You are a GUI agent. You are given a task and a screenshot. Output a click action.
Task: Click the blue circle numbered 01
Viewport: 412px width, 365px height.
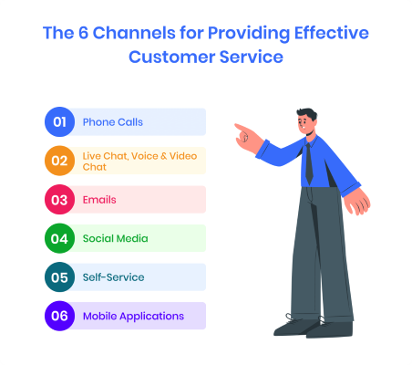tap(58, 121)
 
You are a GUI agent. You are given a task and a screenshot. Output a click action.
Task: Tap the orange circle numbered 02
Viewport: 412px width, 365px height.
tap(58, 161)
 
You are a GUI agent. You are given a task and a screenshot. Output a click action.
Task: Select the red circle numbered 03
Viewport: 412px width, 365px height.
tap(58, 199)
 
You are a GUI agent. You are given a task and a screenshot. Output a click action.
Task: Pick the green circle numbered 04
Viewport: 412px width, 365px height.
tap(58, 238)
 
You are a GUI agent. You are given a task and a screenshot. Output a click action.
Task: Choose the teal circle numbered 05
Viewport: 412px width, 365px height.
tap(58, 276)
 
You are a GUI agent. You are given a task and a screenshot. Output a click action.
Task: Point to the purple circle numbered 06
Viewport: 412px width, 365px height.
tap(58, 316)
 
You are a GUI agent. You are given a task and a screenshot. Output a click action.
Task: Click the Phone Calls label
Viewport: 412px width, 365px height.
tap(112, 121)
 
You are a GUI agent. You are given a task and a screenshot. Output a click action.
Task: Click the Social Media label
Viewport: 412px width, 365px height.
tap(115, 238)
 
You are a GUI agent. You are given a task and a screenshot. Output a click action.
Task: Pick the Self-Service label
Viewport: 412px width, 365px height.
tap(113, 276)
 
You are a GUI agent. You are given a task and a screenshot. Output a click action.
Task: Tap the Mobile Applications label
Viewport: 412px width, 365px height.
tap(133, 316)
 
